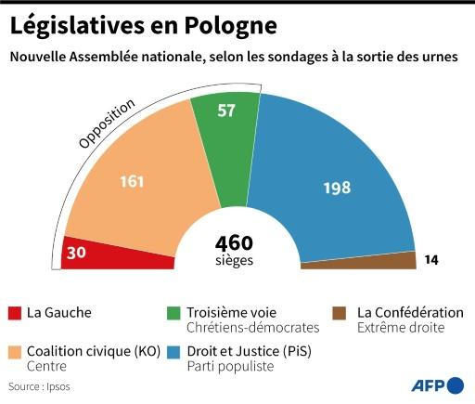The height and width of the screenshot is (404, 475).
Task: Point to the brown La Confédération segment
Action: (362, 262)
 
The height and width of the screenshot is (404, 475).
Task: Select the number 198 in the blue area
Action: (337, 188)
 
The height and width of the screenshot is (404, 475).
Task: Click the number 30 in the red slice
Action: (79, 253)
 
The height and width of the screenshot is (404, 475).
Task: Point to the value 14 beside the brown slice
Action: (432, 260)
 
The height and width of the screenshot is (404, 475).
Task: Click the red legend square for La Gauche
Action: (16, 312)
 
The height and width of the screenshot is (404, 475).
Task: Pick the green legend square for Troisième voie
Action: (172, 312)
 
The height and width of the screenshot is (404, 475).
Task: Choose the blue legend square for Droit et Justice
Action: (172, 352)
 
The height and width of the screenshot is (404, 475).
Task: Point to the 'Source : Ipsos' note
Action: (39, 385)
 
